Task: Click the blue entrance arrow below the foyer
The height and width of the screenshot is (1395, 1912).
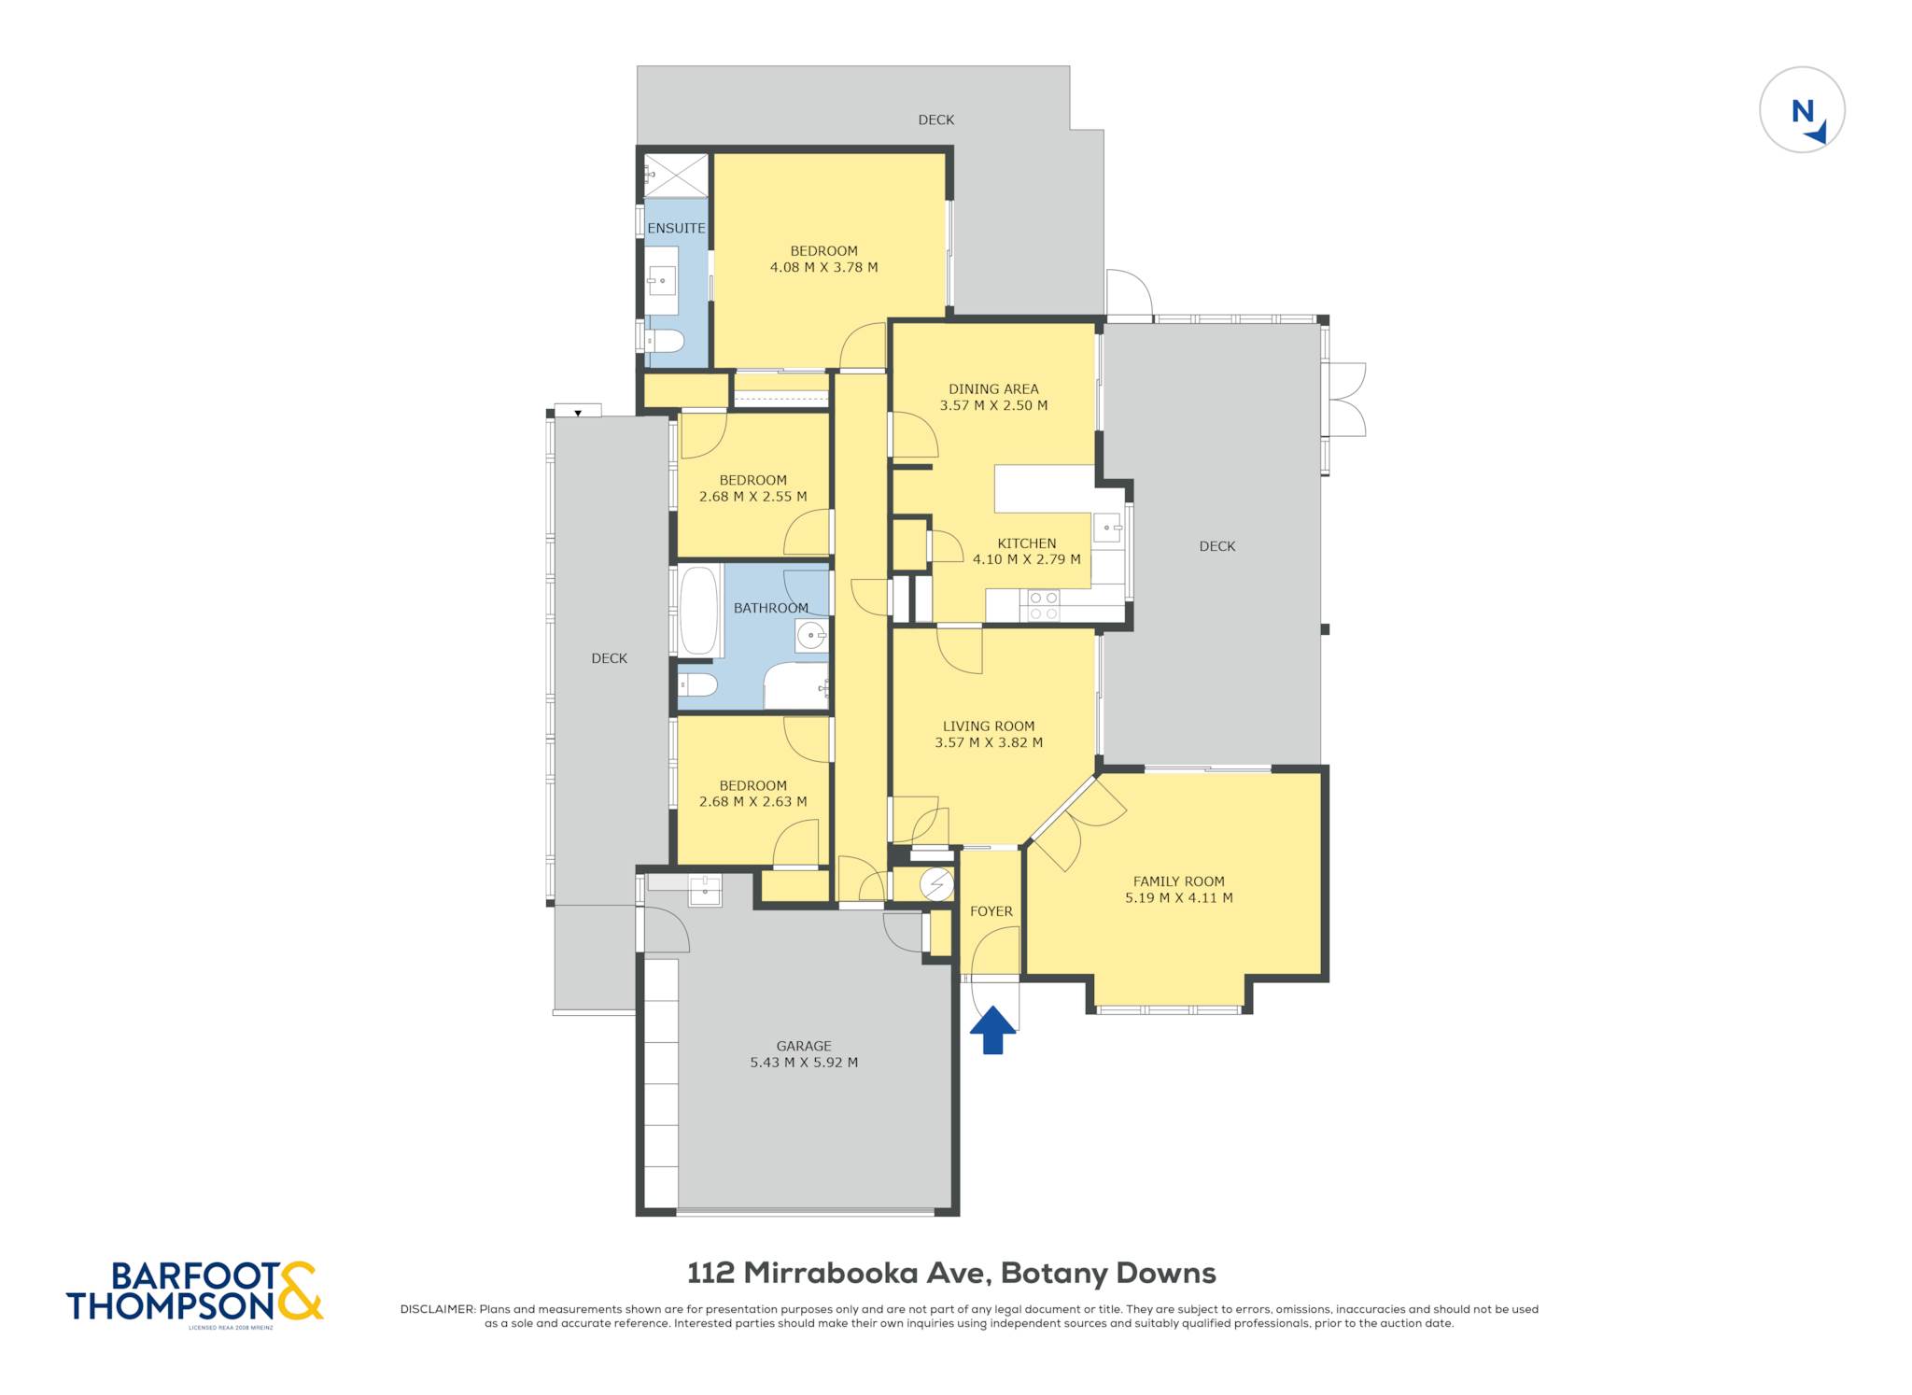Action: pyautogui.click(x=992, y=1030)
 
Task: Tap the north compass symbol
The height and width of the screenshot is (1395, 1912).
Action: pyautogui.click(x=1802, y=110)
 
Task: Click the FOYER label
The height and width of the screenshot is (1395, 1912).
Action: pyautogui.click(x=991, y=911)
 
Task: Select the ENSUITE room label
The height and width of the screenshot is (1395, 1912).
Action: pyautogui.click(x=676, y=228)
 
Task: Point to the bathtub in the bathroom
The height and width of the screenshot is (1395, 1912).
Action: pyautogui.click(x=698, y=611)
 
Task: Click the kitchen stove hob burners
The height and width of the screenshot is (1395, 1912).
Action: pyautogui.click(x=1044, y=606)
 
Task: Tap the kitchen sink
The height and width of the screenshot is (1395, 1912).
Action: pyautogui.click(x=1107, y=528)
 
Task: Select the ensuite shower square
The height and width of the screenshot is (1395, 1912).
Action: pyautogui.click(x=676, y=176)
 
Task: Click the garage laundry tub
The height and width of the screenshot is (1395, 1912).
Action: pyautogui.click(x=705, y=891)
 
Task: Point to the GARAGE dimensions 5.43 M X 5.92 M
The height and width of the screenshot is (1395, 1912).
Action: pyautogui.click(x=804, y=1062)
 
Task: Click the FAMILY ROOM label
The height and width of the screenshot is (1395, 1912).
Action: pyautogui.click(x=1178, y=881)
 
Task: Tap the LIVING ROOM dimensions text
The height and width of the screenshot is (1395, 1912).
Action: pyautogui.click(x=989, y=742)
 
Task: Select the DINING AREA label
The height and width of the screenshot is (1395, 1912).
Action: pyautogui.click(x=993, y=389)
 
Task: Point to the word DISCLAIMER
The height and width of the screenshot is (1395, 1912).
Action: pyautogui.click(x=437, y=1309)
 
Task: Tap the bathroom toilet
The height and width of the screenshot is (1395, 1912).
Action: pyautogui.click(x=696, y=686)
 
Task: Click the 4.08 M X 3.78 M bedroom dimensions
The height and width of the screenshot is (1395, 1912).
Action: pyautogui.click(x=823, y=267)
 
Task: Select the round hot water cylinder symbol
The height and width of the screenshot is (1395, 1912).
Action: pyautogui.click(x=936, y=884)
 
